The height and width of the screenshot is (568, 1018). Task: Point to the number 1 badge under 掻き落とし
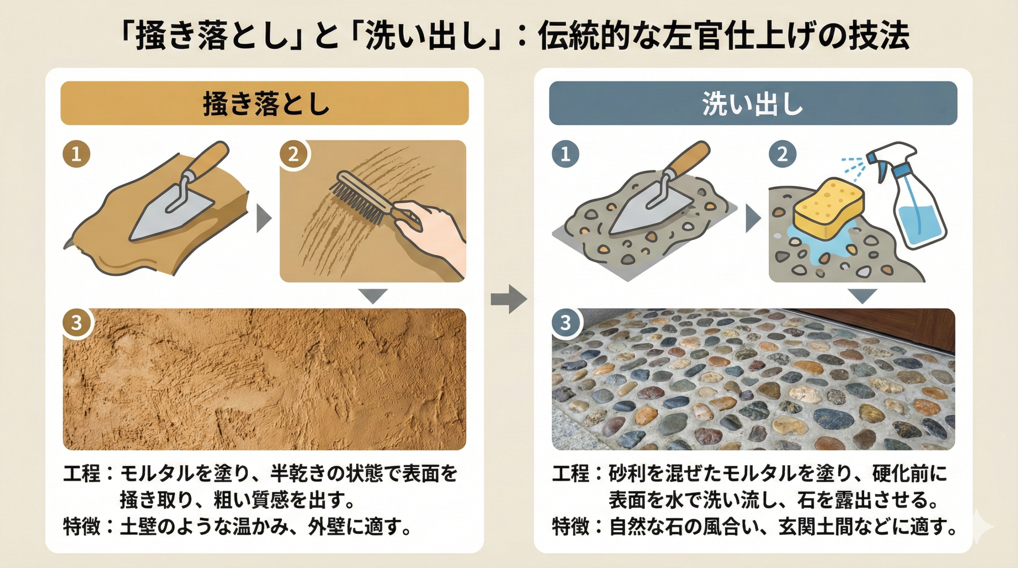click(x=76, y=154)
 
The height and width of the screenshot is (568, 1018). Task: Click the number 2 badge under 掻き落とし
click(x=293, y=154)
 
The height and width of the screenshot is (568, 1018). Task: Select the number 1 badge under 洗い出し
click(x=565, y=154)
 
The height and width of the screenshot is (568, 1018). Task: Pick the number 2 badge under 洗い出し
click(x=782, y=154)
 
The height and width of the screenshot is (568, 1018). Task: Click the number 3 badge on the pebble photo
click(x=565, y=323)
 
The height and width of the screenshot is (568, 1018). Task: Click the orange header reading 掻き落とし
click(x=264, y=103)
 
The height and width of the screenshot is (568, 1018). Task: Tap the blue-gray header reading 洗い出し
click(x=753, y=103)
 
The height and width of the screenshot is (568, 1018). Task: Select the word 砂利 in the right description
click(x=627, y=473)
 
